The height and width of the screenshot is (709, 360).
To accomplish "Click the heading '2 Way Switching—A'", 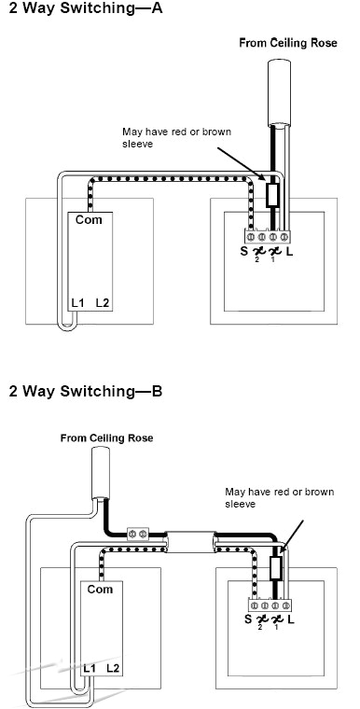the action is [86, 8].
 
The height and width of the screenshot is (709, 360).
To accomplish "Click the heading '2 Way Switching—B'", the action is [86, 391].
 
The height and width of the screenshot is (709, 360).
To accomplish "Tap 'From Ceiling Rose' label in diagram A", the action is [288, 43].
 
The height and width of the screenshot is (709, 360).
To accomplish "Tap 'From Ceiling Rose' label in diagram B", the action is [106, 438].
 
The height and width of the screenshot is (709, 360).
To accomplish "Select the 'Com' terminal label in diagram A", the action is [89, 220].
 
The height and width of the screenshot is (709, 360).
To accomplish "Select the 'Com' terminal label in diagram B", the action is [100, 590].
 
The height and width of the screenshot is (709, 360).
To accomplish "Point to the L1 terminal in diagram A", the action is [78, 303].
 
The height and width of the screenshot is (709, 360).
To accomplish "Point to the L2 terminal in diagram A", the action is [103, 303].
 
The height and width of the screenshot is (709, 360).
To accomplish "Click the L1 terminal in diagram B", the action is [90, 668].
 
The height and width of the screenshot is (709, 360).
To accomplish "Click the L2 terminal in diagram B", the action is [114, 668].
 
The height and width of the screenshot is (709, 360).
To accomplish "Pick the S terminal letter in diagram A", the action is [244, 251].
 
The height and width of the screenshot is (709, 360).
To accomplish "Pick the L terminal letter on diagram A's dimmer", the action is [289, 251].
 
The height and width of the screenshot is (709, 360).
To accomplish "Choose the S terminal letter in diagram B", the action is [248, 619].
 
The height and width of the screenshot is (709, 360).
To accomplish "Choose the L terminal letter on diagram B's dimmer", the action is [291, 619].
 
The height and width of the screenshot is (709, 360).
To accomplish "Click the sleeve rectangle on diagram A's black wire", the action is [272, 195].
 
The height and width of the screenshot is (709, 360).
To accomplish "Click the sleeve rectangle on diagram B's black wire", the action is [275, 567].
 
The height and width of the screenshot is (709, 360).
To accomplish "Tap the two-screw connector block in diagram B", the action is [137, 534].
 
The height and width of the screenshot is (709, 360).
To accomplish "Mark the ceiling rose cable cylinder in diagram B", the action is [101, 473].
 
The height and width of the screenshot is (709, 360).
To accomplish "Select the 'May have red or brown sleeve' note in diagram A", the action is [177, 137].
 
